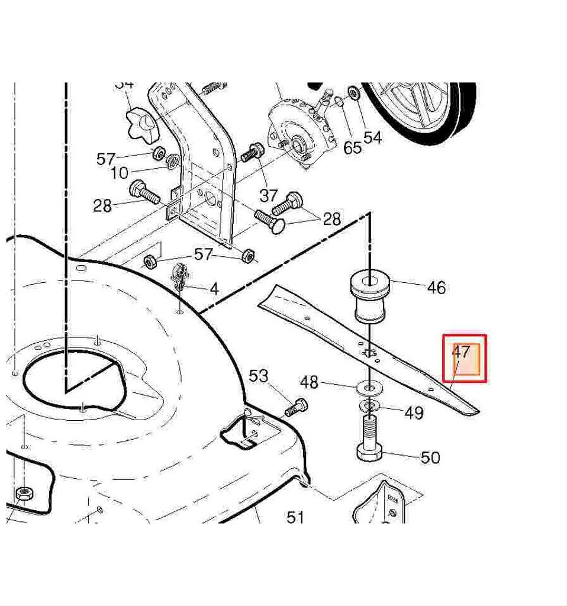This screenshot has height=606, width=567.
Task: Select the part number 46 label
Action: (436, 288)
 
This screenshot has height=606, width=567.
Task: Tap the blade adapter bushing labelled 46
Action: (370, 296)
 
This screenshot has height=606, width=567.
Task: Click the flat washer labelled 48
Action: (369, 388)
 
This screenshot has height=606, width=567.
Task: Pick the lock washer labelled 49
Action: (370, 406)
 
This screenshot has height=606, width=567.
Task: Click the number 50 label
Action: (430, 457)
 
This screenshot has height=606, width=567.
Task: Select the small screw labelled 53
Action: (295, 408)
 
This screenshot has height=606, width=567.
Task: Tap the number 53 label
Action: (258, 376)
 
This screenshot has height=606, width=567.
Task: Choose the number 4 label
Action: (214, 289)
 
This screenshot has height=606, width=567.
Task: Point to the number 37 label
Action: (269, 196)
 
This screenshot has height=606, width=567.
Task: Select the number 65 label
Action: (353, 147)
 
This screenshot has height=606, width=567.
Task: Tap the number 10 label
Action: (119, 173)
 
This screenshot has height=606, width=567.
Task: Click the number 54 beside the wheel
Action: (373, 137)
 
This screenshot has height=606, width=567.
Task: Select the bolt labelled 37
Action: (253, 152)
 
